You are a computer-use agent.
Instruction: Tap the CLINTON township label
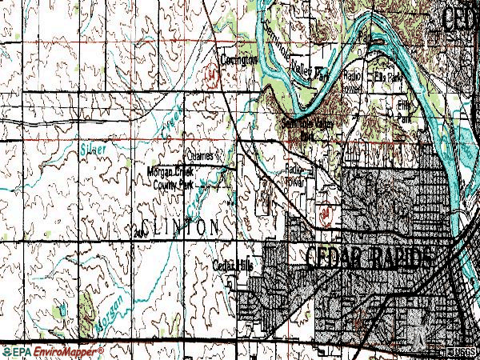point(182,226)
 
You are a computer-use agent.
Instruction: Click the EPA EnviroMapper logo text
point(54,351)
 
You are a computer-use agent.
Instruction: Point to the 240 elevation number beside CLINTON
point(141,231)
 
